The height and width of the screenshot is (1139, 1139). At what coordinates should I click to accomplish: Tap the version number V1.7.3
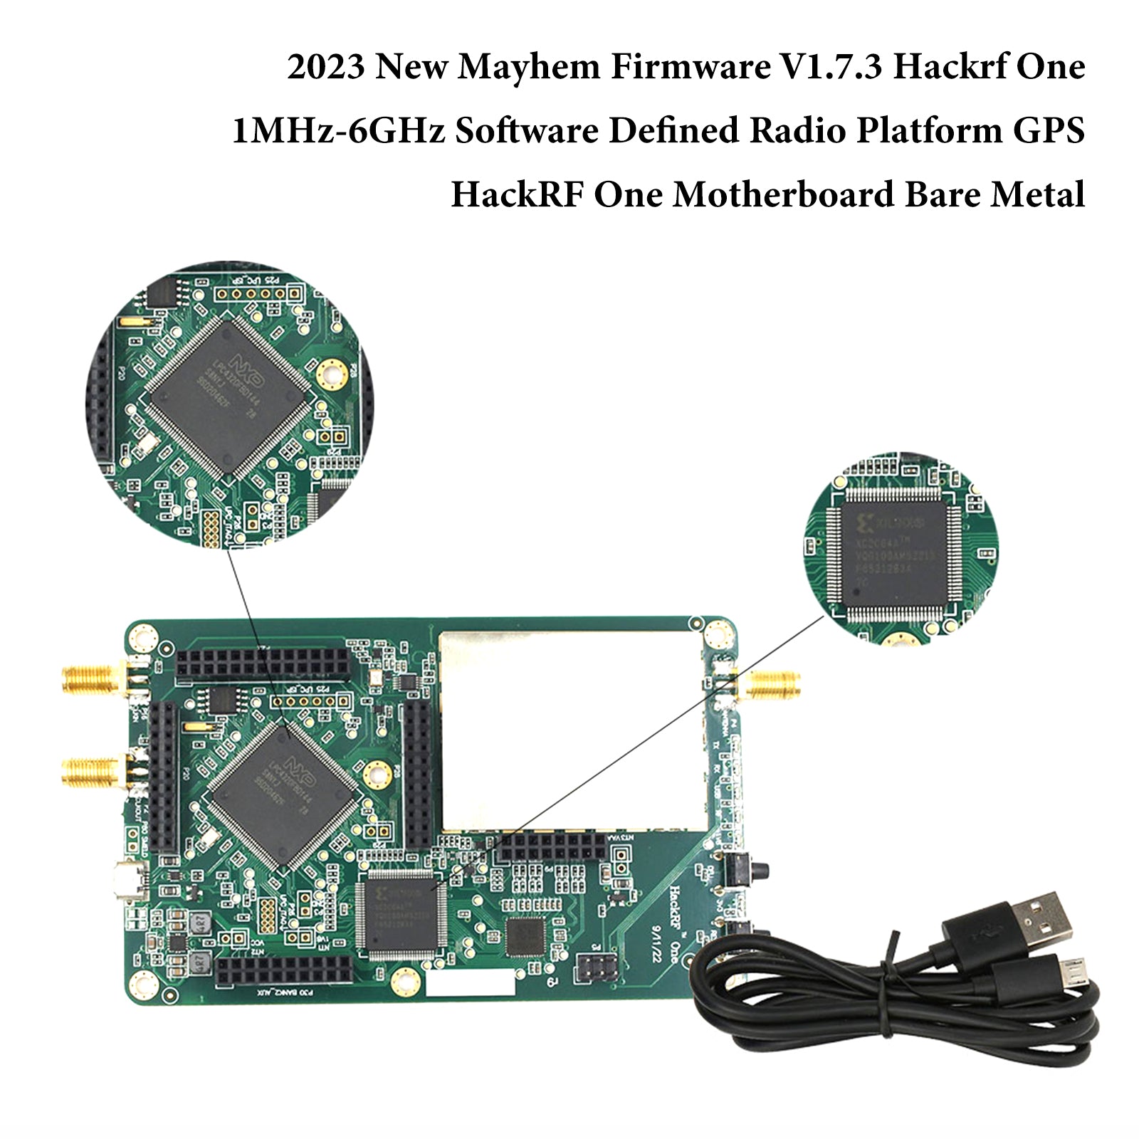point(829,68)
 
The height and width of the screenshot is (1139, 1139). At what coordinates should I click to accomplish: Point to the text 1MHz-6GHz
point(338,131)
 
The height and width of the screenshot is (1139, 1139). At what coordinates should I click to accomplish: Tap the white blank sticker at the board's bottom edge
point(469,984)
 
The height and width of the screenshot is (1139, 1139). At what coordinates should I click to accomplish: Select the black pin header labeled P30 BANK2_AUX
point(284,970)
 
